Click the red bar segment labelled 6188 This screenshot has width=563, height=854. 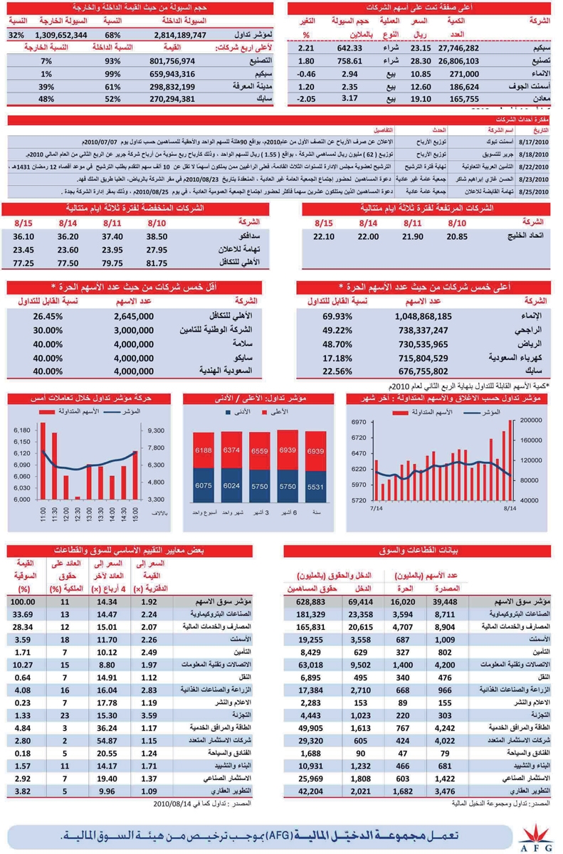click(204, 450)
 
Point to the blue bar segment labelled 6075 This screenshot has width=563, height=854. click(204, 485)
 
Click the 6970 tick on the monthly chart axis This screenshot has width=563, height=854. click(358, 423)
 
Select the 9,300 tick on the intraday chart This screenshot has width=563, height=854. click(158, 431)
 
